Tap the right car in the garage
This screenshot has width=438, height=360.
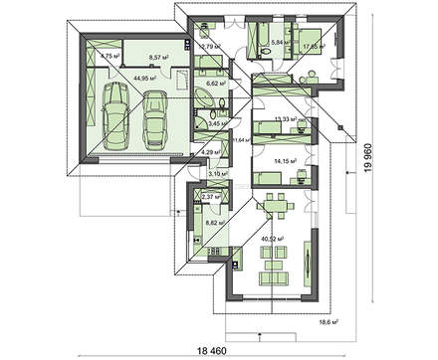156,115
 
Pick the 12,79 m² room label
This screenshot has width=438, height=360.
210,45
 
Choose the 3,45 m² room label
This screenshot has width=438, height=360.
213,123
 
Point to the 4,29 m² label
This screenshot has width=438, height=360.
211,152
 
